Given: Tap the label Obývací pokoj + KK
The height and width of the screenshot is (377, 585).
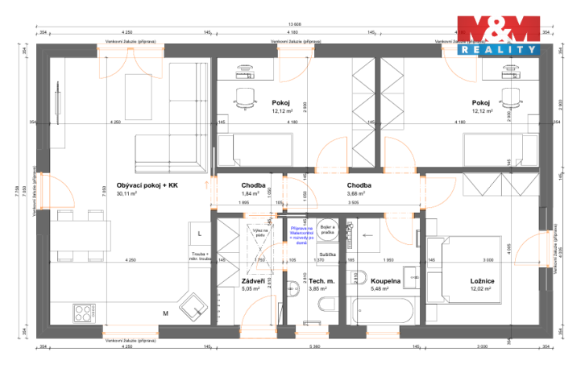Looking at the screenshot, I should pos(147,185).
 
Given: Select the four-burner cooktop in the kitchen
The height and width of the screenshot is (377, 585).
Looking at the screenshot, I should pos(85,312).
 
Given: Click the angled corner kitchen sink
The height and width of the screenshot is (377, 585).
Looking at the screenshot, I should pos(193,307).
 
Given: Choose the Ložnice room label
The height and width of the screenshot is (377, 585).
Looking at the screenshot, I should pos(482,280).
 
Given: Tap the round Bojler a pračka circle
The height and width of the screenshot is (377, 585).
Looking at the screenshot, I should pos(326,228).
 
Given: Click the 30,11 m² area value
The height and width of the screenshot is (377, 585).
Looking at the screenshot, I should pos(127,194).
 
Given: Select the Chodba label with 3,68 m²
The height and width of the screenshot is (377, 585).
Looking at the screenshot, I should pos(359,185).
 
